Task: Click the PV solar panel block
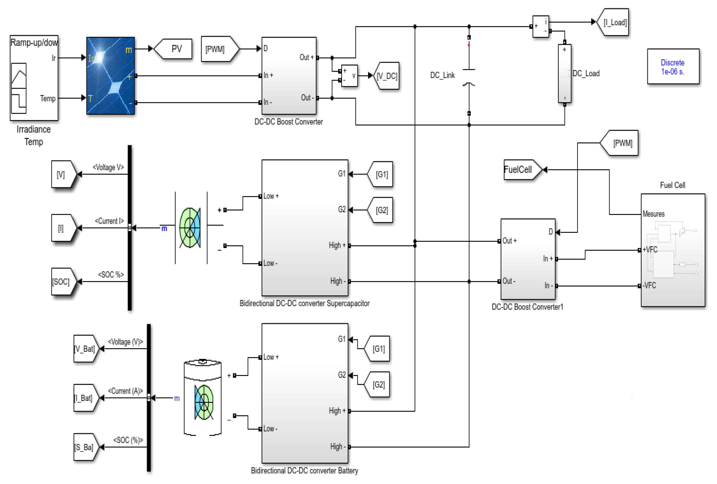coord(110,76)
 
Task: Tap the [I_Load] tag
coord(614,23)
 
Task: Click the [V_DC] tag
coord(387,76)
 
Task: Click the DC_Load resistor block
coord(564,73)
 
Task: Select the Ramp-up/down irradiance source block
coord(34,78)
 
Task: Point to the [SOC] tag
coord(62,281)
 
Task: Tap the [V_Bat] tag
coord(85,349)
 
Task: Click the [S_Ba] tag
coord(85,447)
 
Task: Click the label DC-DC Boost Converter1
coord(527,307)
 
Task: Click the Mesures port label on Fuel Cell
coord(653,214)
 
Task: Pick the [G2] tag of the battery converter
coord(378,384)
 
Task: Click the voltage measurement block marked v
coord(349,76)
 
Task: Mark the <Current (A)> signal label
coord(125,391)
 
